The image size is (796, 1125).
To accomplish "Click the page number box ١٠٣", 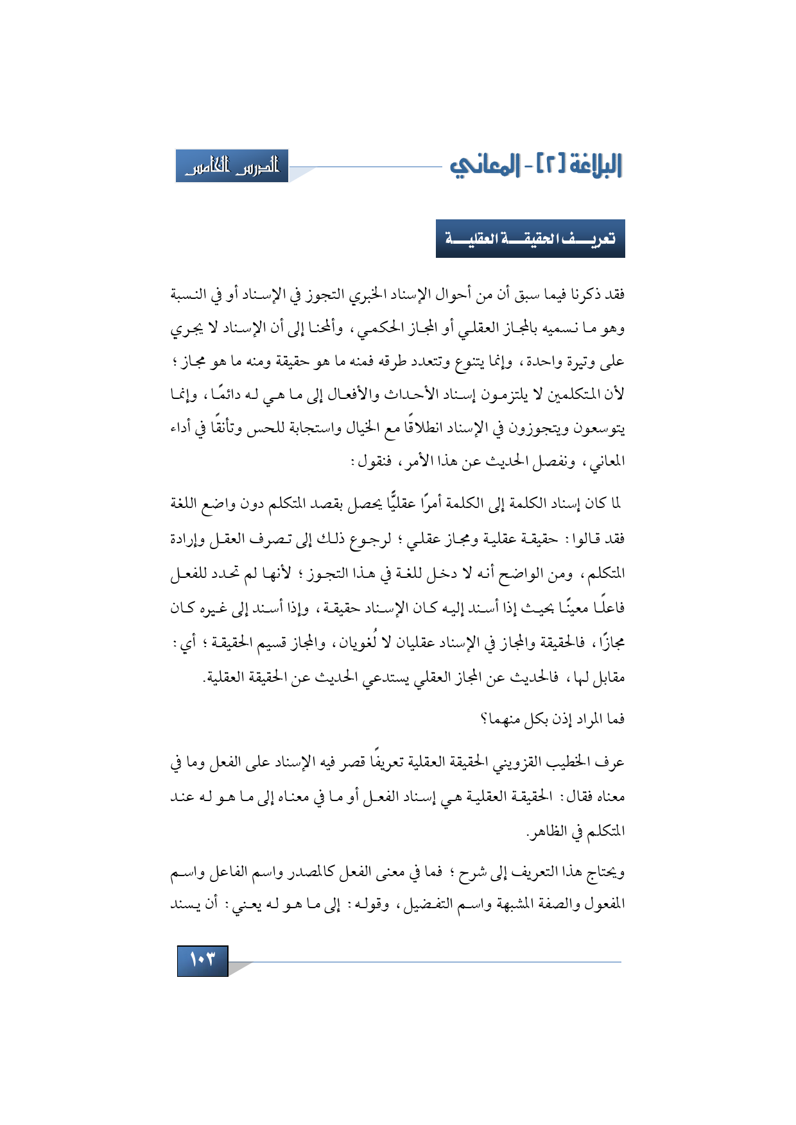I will pos(202,960).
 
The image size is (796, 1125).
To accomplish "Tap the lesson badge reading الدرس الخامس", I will pos(232,166).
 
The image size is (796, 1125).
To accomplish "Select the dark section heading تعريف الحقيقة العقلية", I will pos(530,239).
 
